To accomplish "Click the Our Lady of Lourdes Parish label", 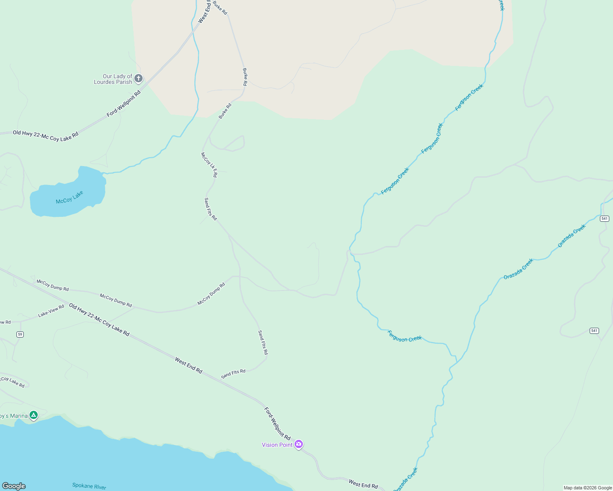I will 113,79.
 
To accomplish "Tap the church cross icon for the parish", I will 138,78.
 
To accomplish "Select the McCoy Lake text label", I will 69,197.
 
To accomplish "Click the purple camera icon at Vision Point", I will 299,444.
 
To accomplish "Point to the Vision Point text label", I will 277,445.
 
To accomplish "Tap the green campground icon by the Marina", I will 34,415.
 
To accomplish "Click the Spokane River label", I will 89,486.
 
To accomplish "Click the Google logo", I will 14,486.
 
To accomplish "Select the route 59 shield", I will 20,334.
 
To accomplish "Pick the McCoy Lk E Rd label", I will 209,165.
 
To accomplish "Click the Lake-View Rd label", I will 51,311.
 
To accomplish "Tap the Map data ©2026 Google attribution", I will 588,488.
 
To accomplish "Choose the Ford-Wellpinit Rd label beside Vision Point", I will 277,423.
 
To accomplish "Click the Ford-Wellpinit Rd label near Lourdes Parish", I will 124,104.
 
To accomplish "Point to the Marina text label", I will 14,416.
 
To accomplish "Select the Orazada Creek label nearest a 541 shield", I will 572,236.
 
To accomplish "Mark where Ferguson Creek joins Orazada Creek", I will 456,362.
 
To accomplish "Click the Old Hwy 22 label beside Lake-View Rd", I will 99,320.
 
